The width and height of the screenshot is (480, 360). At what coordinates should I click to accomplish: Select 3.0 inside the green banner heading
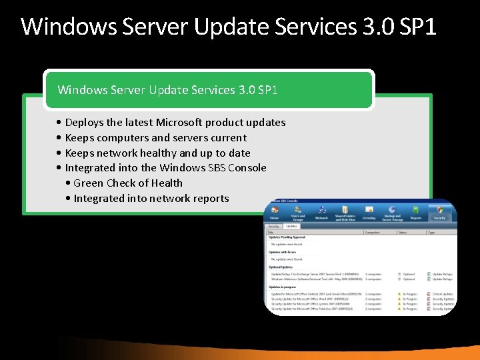(x=246, y=89)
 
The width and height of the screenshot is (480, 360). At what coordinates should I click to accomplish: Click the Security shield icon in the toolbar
(x=440, y=210)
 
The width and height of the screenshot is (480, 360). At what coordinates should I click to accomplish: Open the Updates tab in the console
(x=292, y=227)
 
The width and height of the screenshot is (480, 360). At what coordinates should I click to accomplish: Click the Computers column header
(x=373, y=233)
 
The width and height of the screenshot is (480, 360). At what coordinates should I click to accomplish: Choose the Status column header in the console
(x=403, y=233)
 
